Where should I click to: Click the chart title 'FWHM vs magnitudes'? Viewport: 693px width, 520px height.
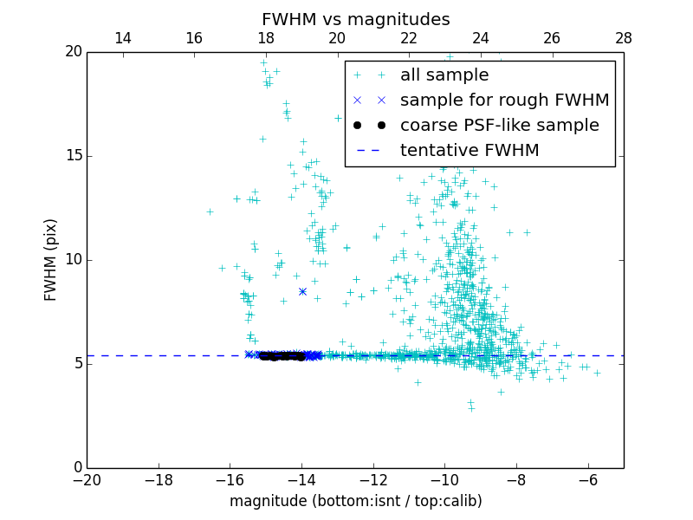[355, 19]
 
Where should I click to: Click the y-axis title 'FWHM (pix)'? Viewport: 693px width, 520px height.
[51, 259]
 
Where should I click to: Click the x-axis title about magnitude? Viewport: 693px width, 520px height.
[355, 501]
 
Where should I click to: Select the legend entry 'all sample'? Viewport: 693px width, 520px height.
[444, 75]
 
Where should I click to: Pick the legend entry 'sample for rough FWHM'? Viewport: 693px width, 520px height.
[504, 100]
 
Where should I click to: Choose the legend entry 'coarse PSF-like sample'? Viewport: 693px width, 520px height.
[499, 125]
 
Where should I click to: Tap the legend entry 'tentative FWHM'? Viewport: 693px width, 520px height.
[469, 150]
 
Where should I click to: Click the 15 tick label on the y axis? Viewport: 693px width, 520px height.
[73, 156]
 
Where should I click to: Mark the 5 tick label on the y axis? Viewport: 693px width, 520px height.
[77, 364]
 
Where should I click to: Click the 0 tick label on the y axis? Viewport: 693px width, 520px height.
[77, 468]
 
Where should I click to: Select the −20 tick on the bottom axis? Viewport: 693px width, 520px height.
[87, 479]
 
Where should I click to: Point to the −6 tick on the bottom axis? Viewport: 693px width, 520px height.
[588, 479]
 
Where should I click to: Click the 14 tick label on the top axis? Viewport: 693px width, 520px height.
[123, 38]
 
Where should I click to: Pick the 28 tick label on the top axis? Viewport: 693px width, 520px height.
[624, 38]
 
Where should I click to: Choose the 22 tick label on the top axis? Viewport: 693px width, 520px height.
[409, 38]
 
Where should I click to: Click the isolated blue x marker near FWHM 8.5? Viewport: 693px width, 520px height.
[302, 291]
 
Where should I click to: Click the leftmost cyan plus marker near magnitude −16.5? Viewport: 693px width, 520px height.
[210, 211]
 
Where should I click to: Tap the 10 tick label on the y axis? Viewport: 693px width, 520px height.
[73, 260]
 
